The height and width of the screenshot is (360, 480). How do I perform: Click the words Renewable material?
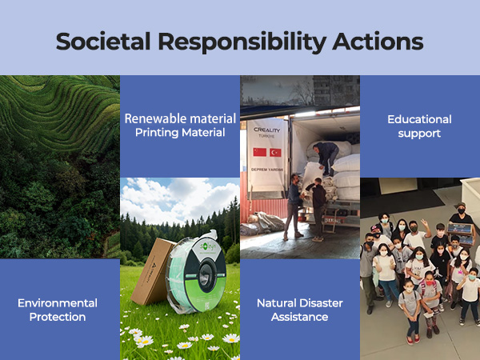[180, 118]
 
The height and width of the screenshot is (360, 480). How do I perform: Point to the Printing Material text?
[180, 132]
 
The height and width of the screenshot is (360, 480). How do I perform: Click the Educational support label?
[419, 126]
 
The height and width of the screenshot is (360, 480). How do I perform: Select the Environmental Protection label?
[58, 310]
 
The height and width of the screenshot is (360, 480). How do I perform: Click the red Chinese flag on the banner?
[259, 152]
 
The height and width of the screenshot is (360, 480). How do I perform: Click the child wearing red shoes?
[414, 336]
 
